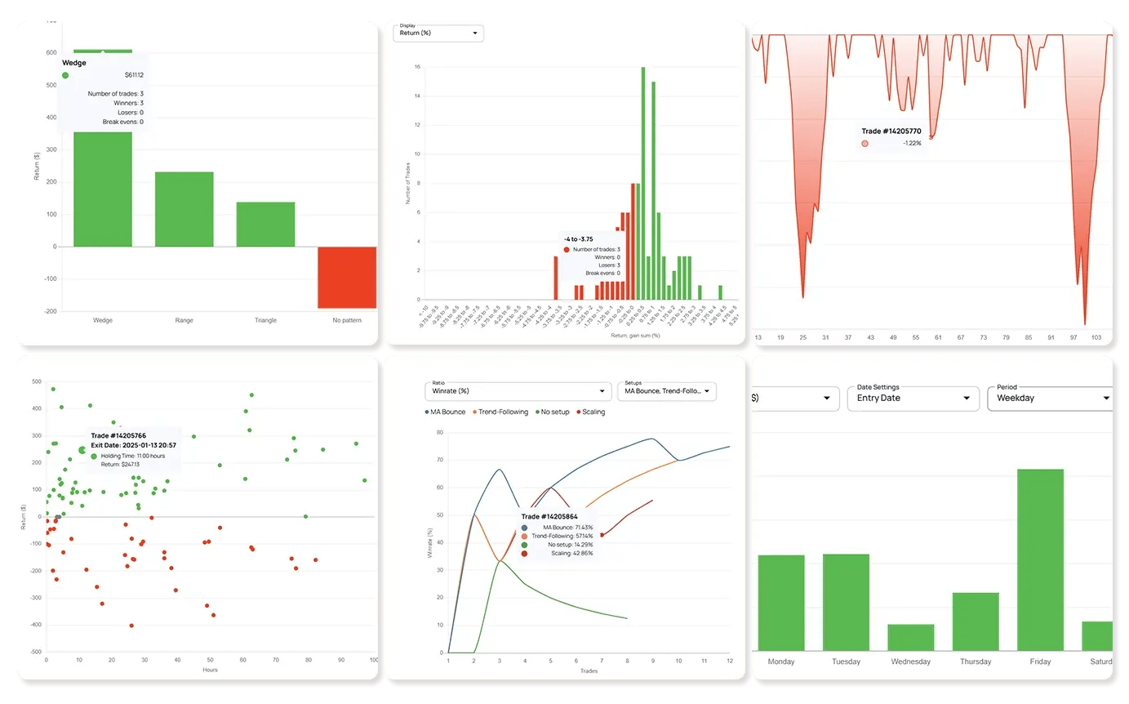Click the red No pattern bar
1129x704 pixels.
tap(347, 277)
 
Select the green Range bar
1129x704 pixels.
tap(184, 209)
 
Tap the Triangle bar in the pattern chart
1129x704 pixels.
tap(265, 224)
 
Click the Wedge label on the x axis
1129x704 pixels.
tap(103, 320)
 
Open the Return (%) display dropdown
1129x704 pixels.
tap(438, 33)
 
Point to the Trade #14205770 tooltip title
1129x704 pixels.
tap(892, 131)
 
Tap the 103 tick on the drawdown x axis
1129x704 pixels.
tap(1096, 337)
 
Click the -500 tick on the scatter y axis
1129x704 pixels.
tap(36, 652)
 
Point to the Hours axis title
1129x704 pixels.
tap(210, 670)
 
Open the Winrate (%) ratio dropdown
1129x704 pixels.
tap(518, 391)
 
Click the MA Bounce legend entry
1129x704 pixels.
tap(446, 412)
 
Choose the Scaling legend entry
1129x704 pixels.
tap(591, 412)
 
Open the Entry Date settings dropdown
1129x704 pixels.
tap(913, 398)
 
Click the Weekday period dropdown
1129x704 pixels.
tap(1050, 398)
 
